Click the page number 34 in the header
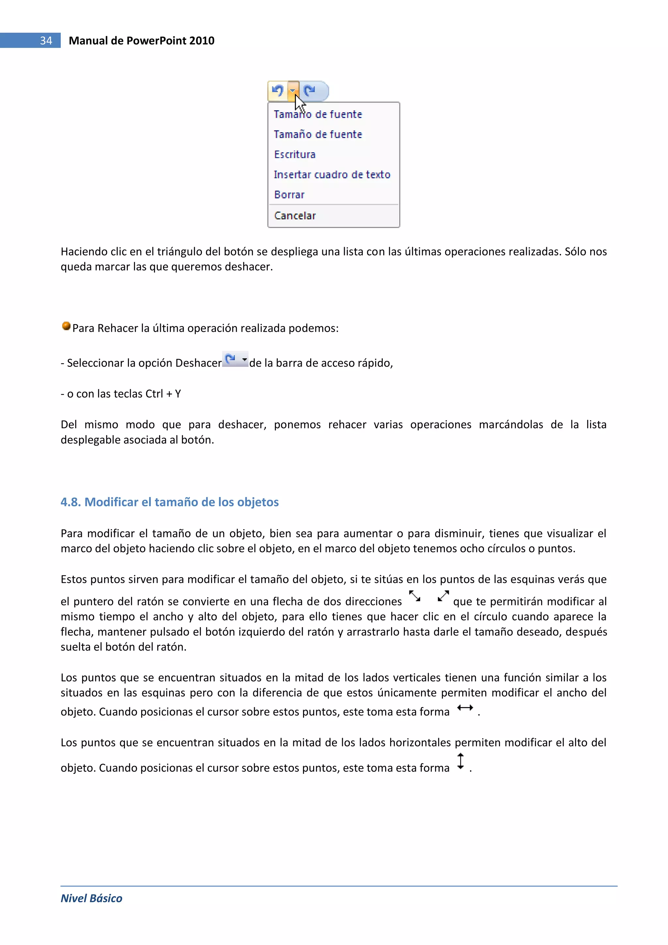point(46,40)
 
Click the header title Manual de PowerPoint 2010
point(141,40)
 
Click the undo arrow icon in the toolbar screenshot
point(278,90)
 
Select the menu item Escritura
point(295,154)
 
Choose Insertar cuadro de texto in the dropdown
point(331,175)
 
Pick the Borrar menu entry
point(289,195)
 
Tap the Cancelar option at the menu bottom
point(295,216)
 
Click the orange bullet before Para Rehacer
point(66,326)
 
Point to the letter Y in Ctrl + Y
point(178,394)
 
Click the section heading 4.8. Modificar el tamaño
point(170,502)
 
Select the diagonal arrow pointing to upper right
point(443,596)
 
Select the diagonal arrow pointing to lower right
point(415,596)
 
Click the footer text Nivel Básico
point(91,898)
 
